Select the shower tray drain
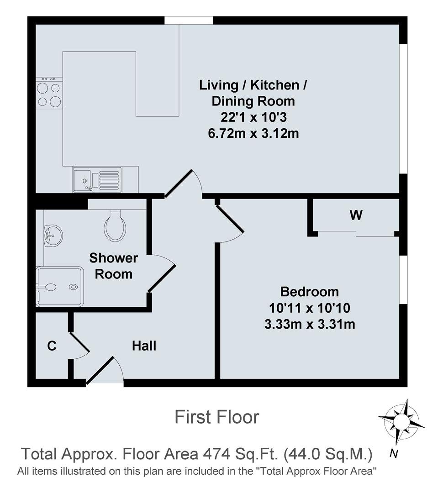(x=74, y=287)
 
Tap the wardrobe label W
(x=356, y=215)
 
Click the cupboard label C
(x=52, y=346)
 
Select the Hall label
(x=144, y=346)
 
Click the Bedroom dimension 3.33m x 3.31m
(x=310, y=324)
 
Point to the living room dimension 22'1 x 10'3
(x=253, y=117)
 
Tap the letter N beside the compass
(x=393, y=454)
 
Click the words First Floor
(x=217, y=417)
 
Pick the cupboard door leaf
(x=79, y=342)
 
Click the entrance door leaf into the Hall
(x=100, y=370)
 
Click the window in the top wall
(x=189, y=21)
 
